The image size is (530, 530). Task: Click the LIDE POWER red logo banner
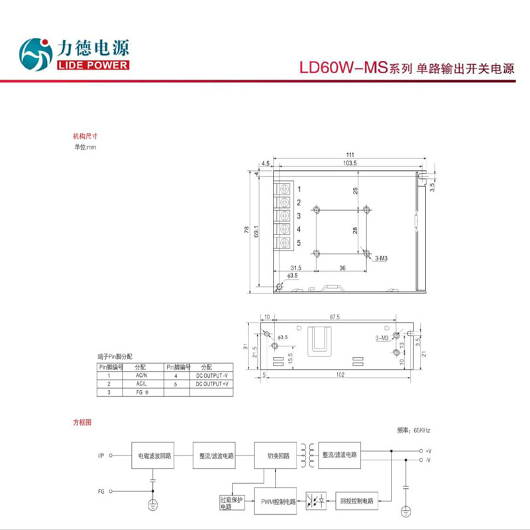point(93,65)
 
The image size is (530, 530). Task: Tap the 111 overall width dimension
point(350,154)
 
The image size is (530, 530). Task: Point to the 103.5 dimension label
point(350,162)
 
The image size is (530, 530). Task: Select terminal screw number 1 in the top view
point(284,189)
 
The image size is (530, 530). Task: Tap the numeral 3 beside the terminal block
point(299,216)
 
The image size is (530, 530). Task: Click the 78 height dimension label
point(246,232)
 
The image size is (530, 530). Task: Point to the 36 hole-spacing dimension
point(343,268)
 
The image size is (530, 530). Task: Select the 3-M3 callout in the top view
point(382,258)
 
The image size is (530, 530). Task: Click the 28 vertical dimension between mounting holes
point(355,231)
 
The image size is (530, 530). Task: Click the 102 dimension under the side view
point(340,376)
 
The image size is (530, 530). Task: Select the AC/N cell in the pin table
point(140,376)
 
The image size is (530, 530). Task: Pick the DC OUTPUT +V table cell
point(211,384)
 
